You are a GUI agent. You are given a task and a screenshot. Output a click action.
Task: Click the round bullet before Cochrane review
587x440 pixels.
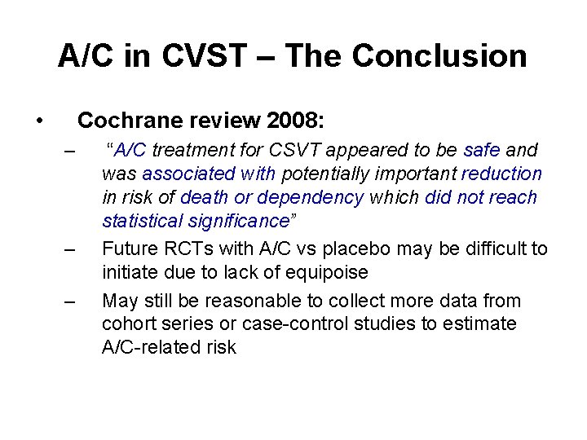click(x=40, y=122)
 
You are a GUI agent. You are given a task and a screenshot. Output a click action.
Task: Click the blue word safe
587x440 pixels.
click(x=482, y=150)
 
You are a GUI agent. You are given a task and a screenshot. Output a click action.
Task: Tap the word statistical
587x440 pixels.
click(x=140, y=221)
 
